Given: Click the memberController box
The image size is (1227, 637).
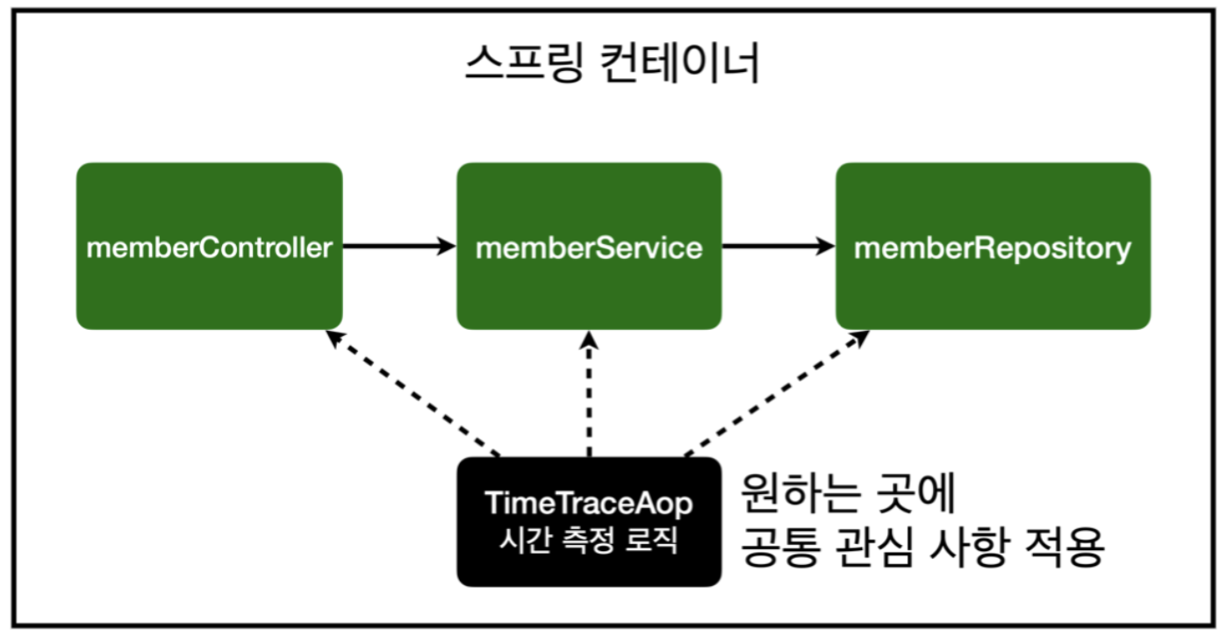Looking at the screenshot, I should tap(209, 247).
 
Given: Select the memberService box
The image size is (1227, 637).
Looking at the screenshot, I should tap(589, 247).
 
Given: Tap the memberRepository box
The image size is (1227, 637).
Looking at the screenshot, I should tap(993, 247).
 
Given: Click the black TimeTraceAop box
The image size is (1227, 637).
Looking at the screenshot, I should tap(589, 521).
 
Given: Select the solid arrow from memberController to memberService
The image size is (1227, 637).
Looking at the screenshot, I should tap(399, 247).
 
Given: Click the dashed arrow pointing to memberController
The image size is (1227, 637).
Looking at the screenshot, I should tap(413, 394).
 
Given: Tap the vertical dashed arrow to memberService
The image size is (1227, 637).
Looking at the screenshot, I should tap(589, 395).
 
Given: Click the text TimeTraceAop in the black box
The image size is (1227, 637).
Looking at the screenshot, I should tap(589, 505).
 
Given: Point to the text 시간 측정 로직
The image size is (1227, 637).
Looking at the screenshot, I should tap(589, 539).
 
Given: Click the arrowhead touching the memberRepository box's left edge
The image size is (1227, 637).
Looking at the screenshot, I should tap(825, 247).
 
